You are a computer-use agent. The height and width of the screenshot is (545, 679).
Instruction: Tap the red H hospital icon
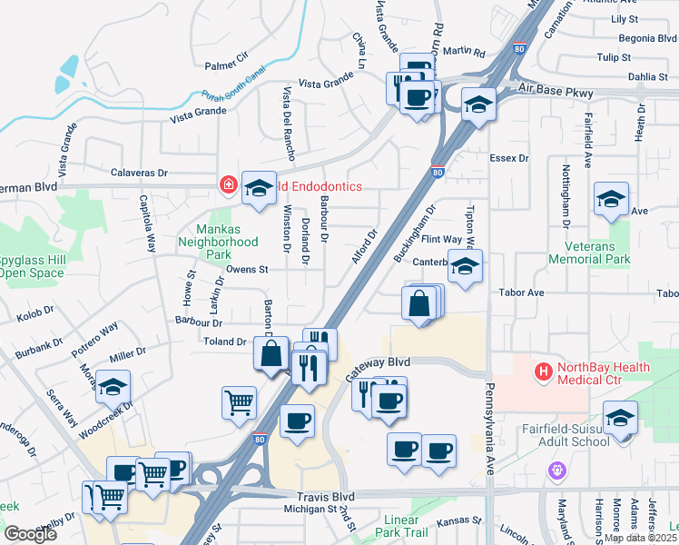[x=544, y=371]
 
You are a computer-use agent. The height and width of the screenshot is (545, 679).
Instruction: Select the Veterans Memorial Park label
[x=589, y=253]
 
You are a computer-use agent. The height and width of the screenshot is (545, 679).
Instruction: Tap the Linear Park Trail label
[x=400, y=527]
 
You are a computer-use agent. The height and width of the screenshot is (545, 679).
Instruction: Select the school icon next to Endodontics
[x=260, y=188]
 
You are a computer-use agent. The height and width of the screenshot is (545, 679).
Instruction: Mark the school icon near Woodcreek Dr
[x=113, y=387]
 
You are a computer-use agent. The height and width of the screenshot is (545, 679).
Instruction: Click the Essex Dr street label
[x=508, y=158]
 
